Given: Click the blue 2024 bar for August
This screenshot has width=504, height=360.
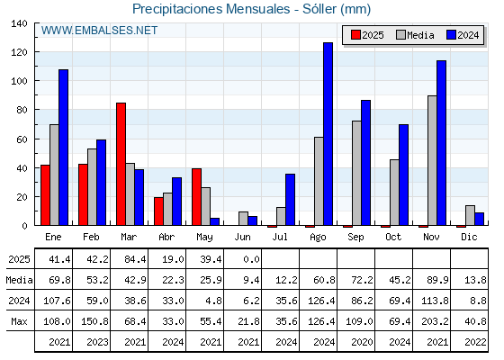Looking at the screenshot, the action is click(x=328, y=134).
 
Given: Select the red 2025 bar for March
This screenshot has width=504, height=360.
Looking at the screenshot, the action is click(x=121, y=164).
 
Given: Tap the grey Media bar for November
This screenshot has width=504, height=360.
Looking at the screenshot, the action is click(x=432, y=160).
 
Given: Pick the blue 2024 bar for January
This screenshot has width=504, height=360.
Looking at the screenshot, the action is click(x=63, y=148).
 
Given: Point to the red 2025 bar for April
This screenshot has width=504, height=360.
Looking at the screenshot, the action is click(x=158, y=211).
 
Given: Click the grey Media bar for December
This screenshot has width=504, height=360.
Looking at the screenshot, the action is click(x=470, y=215).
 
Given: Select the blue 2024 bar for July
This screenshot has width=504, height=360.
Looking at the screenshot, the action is click(x=290, y=200).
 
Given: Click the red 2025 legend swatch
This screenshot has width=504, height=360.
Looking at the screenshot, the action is click(x=355, y=35).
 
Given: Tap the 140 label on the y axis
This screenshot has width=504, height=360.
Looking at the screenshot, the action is click(x=19, y=23).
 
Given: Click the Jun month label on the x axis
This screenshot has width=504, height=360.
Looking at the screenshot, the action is click(x=242, y=238).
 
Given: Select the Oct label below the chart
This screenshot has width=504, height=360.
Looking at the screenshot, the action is click(x=393, y=238).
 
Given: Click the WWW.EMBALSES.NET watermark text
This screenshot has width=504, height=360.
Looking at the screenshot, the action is click(x=99, y=31).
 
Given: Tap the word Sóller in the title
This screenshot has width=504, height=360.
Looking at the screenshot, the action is click(x=320, y=9).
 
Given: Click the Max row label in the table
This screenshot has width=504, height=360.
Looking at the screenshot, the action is click(x=19, y=321).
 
